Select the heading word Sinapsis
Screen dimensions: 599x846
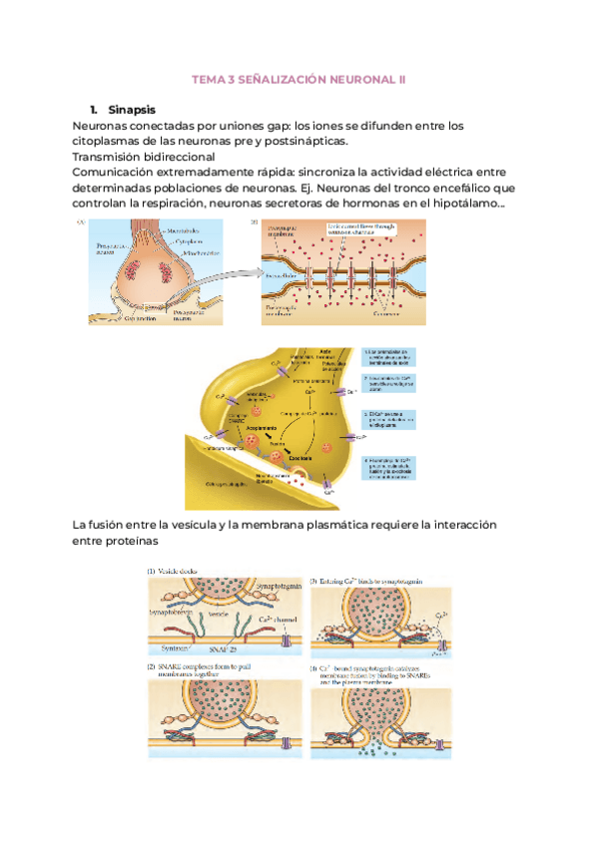[131, 109]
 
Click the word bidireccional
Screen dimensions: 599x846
[173, 157]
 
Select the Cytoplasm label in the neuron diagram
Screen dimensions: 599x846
[190, 241]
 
